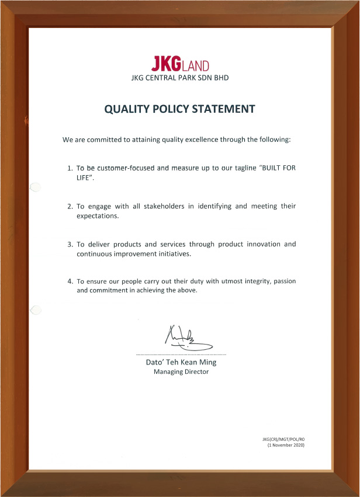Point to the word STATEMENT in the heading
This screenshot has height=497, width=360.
pyautogui.click(x=226, y=109)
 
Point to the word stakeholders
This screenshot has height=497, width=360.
pyautogui.click(x=153, y=207)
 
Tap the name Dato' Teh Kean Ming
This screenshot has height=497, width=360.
pyautogui.click(x=181, y=362)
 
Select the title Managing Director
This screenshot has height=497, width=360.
pyautogui.click(x=181, y=372)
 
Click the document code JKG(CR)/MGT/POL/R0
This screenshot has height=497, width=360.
pyautogui.click(x=283, y=439)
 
